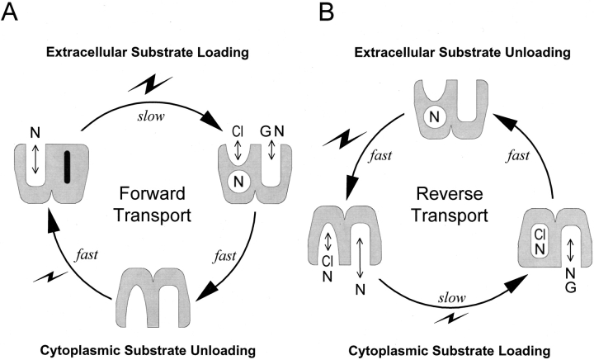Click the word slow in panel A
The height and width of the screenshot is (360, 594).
coord(157,102)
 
